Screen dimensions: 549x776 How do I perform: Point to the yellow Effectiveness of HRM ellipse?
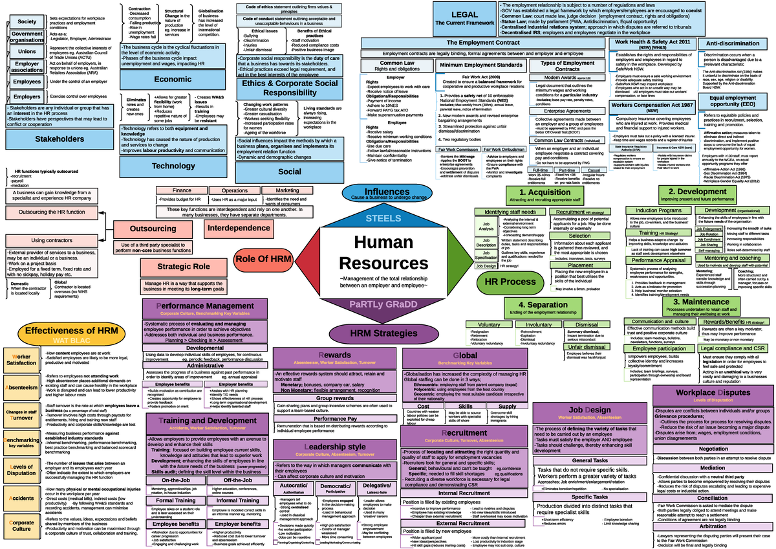pyautogui.click(x=71, y=333)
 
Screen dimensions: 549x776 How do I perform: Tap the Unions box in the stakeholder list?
pyautogui.click(x=27, y=51)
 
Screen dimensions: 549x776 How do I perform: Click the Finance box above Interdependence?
pyautogui.click(x=181, y=190)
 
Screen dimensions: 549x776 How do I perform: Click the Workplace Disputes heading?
pyautogui.click(x=713, y=392)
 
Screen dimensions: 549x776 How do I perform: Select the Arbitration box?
pyautogui.click(x=713, y=526)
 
